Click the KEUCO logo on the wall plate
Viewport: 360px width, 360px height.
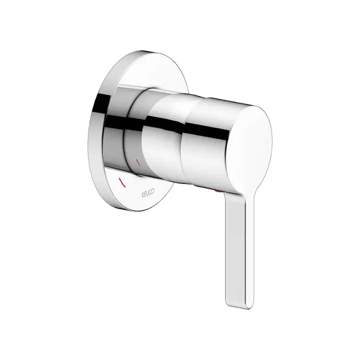tap(148, 193)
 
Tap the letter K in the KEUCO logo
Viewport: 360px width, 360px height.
tap(143, 195)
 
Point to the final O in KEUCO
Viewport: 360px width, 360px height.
tap(153, 191)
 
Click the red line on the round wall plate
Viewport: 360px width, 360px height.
tap(122, 182)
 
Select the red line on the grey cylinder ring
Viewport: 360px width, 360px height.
tap(138, 162)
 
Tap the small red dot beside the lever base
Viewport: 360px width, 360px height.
tap(217, 191)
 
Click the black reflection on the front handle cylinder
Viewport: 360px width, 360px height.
tap(206, 131)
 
